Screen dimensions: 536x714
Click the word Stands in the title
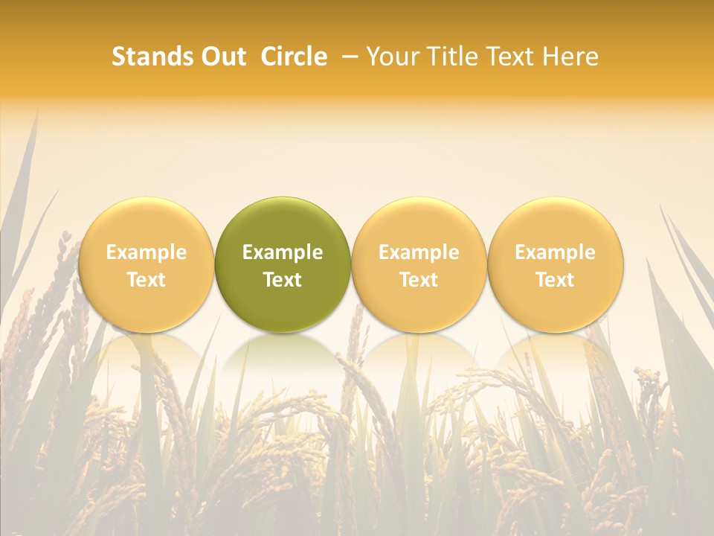pos(151,57)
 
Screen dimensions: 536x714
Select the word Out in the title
pos(222,57)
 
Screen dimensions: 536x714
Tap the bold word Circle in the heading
pos(294,57)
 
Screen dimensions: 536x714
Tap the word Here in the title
pos(570,57)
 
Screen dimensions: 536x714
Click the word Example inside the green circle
pos(283,252)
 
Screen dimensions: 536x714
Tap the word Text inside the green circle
pos(283,280)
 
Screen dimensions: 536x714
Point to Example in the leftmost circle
pos(146,252)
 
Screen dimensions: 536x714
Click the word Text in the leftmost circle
pos(146,280)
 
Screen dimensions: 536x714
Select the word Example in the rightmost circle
pos(555,252)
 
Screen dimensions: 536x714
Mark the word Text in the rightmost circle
pos(555,280)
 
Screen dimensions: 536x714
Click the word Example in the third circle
pos(419,252)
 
